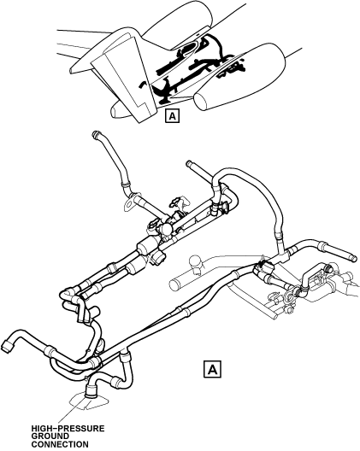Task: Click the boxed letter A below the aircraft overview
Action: (x=172, y=116)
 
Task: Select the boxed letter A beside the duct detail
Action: (x=212, y=369)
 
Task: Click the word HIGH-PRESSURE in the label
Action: (x=68, y=429)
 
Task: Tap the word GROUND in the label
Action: (x=50, y=436)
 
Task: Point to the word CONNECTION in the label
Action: (x=60, y=444)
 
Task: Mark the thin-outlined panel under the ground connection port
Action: (x=89, y=401)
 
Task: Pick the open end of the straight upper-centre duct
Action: (x=189, y=163)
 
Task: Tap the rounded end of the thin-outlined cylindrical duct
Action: (x=174, y=284)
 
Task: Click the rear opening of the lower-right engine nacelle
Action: (x=202, y=101)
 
